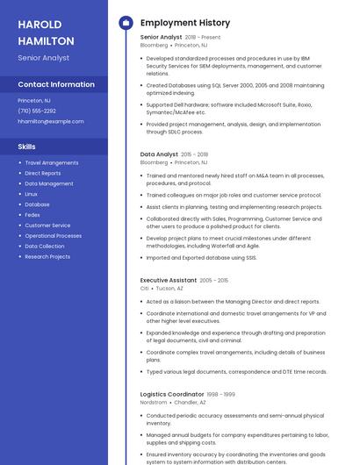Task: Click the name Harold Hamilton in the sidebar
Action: pyautogui.click(x=45, y=32)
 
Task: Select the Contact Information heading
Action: pyautogui.click(x=56, y=84)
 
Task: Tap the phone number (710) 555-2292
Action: pyautogui.click(x=37, y=111)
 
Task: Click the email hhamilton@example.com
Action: pyautogui.click(x=50, y=122)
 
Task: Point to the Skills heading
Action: pyautogui.click(x=27, y=147)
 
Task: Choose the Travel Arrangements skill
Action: pyautogui.click(x=52, y=162)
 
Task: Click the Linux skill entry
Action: pyautogui.click(x=32, y=194)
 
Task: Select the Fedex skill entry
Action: pyautogui.click(x=32, y=215)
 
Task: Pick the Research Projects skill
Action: pyautogui.click(x=47, y=257)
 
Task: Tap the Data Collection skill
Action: pyautogui.click(x=45, y=247)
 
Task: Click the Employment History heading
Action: pyautogui.click(x=185, y=23)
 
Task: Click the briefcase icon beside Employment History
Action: pyautogui.click(x=125, y=23)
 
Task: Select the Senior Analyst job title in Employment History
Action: pyautogui.click(x=161, y=37)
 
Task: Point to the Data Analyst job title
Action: pyautogui.click(x=159, y=154)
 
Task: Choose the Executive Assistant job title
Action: pyautogui.click(x=168, y=280)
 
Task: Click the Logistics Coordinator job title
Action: pyautogui.click(x=172, y=394)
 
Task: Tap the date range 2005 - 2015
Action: pyautogui.click(x=213, y=281)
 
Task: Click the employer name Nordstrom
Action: pyautogui.click(x=154, y=402)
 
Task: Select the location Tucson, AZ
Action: pyautogui.click(x=169, y=288)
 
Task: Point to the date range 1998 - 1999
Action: pyautogui.click(x=221, y=395)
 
